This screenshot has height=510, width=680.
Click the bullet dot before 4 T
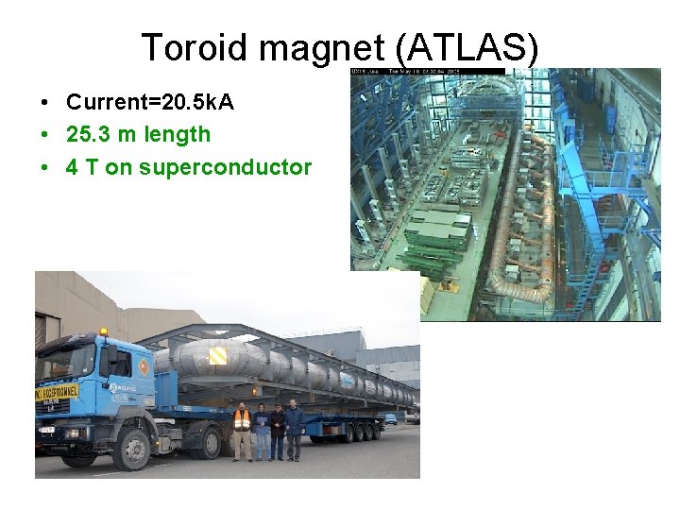point(44,168)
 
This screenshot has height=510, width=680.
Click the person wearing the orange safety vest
point(242,430)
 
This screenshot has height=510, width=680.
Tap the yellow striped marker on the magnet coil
point(218,355)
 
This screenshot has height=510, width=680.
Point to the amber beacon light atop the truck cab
point(103,331)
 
